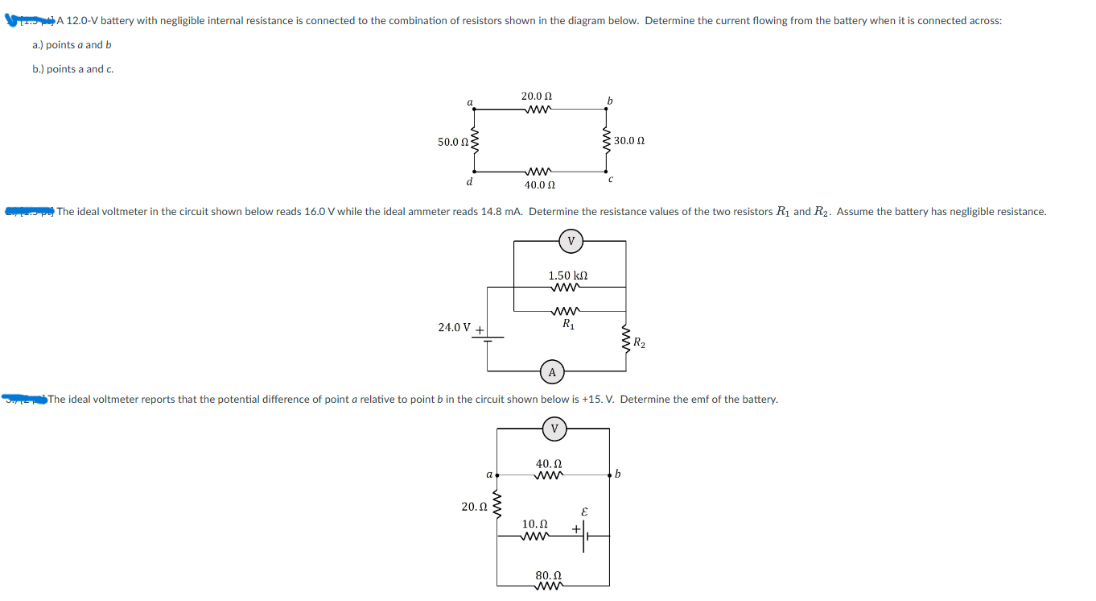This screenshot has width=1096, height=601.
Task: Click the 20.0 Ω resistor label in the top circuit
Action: (536, 96)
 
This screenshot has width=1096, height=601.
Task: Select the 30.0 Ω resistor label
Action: (629, 141)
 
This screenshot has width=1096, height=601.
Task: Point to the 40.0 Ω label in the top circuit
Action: (539, 185)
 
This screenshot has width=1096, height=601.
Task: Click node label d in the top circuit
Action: (469, 182)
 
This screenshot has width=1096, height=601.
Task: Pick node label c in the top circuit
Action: (612, 180)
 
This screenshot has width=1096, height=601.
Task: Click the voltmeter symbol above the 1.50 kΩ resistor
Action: (571, 240)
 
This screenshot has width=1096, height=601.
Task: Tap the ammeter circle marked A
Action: (552, 372)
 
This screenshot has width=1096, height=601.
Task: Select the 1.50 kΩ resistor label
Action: (567, 276)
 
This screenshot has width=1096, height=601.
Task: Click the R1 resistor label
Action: (568, 325)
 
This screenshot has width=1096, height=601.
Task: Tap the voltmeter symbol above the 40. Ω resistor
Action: (553, 429)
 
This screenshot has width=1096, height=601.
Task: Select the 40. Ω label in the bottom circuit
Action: (548, 464)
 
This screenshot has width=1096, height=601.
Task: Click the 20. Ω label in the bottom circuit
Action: (473, 507)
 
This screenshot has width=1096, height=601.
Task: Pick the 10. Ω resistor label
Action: (535, 524)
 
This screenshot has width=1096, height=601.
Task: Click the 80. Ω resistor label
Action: (548, 575)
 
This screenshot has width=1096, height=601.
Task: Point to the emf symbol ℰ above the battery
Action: (584, 511)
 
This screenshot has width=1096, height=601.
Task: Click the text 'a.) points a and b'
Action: (72, 45)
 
